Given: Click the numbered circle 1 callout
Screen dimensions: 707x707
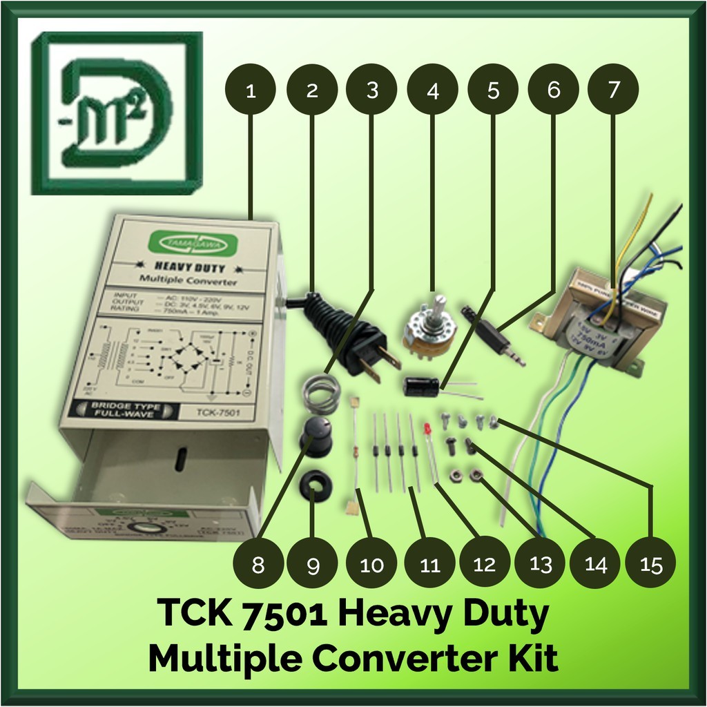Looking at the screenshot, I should [251, 90].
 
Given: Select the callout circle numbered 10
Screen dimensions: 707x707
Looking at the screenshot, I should [371, 564].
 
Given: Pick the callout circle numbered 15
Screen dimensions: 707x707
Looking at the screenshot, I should [650, 564].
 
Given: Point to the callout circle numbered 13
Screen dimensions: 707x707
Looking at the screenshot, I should [541, 564].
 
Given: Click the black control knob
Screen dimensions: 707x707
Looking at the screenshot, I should [316, 436].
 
